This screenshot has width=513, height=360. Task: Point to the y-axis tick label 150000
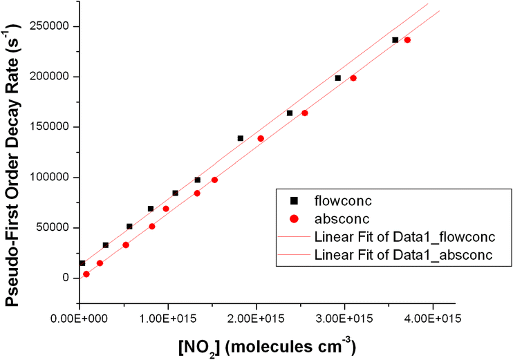click(x=50, y=127)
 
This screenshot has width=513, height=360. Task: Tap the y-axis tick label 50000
click(x=53, y=228)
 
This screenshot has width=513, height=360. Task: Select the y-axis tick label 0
click(x=66, y=278)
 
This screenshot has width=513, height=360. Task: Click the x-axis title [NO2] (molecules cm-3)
click(x=264, y=343)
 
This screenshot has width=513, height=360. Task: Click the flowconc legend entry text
click(x=343, y=200)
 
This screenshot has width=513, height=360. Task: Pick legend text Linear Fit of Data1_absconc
click(x=402, y=254)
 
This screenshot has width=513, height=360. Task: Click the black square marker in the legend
click(x=294, y=200)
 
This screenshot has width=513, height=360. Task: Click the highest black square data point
click(x=395, y=40)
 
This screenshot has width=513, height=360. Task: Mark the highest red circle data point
click(x=407, y=40)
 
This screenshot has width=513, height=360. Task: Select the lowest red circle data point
click(x=86, y=274)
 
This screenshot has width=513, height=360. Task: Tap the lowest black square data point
click(x=82, y=263)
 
